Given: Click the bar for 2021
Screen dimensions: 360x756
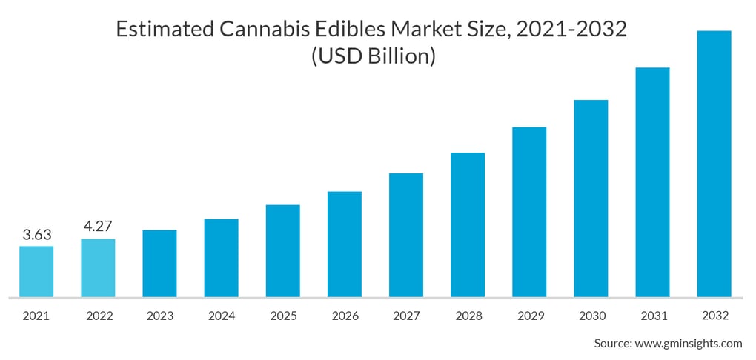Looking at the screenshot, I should point(36,271).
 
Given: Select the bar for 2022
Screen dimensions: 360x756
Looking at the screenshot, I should point(98,267).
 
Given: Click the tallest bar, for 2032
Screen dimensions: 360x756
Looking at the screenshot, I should point(714,164).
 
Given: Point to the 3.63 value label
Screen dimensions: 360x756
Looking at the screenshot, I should point(36,236).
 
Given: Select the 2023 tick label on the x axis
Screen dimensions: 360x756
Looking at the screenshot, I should point(159,316).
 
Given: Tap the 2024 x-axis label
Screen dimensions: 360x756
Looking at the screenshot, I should point(221,316).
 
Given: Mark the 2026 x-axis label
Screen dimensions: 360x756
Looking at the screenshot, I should point(345,316).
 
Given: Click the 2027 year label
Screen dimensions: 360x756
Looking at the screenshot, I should point(406,316).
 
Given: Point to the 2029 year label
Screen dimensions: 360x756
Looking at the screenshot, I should point(529,316).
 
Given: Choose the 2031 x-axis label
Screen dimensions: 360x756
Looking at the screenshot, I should point(652,316).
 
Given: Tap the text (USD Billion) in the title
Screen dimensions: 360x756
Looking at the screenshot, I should point(372,56).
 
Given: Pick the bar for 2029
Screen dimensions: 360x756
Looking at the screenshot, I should point(529,212).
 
